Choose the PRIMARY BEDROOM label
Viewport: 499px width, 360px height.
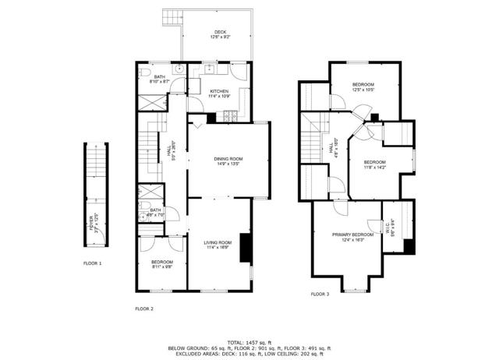point(352,235)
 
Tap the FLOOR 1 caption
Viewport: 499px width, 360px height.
point(93,263)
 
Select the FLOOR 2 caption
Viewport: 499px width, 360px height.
point(145,309)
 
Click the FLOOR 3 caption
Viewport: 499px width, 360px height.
point(320,294)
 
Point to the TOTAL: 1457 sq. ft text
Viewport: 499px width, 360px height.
point(249,342)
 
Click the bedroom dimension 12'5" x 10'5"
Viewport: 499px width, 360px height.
point(363,90)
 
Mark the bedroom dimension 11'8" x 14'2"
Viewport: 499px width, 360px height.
point(375,167)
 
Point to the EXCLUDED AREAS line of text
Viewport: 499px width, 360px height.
point(249,355)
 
